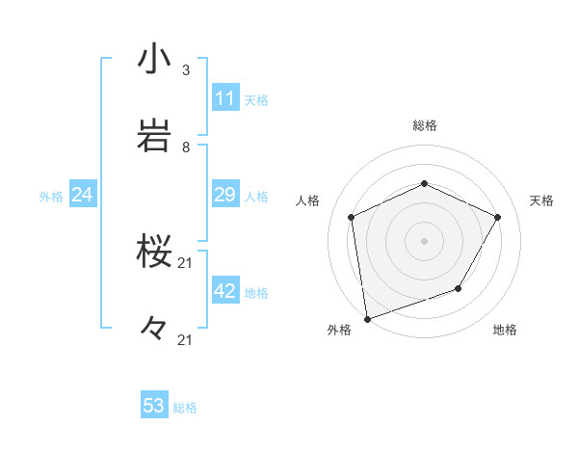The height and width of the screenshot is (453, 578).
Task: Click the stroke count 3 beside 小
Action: (x=186, y=70)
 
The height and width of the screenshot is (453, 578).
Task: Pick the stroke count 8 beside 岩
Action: (x=186, y=147)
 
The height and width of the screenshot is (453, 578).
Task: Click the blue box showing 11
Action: (x=224, y=98)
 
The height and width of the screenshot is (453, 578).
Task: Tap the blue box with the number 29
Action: (x=224, y=195)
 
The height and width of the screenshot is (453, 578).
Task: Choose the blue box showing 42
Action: (x=224, y=291)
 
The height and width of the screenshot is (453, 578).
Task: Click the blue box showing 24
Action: (x=83, y=195)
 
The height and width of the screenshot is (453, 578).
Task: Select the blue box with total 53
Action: (x=154, y=406)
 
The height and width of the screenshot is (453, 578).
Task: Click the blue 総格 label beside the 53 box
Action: (x=185, y=408)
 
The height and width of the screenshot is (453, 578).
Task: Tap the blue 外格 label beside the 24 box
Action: (x=51, y=197)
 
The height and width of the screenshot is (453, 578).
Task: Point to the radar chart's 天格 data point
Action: (x=498, y=217)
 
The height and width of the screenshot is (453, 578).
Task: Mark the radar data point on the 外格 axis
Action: (x=367, y=318)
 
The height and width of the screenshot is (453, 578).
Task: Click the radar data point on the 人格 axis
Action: (x=352, y=217)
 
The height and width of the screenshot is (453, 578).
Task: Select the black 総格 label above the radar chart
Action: (x=425, y=125)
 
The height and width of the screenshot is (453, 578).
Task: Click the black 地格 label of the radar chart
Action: (x=505, y=331)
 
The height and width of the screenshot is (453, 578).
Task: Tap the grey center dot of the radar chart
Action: (x=425, y=240)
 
